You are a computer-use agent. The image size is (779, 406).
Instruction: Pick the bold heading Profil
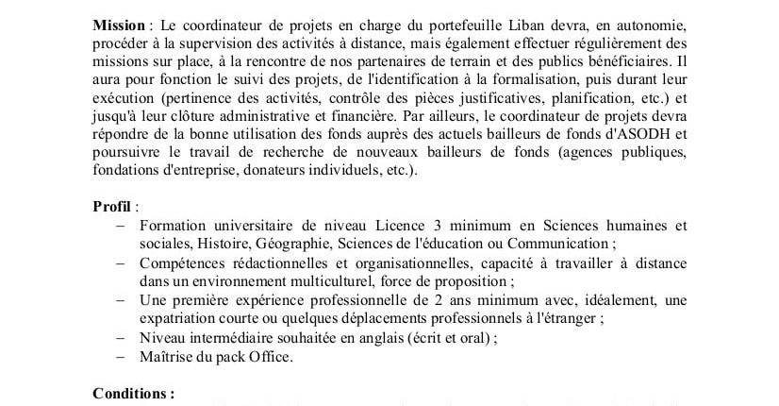(112, 207)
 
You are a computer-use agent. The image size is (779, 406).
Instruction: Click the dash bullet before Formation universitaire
(120, 226)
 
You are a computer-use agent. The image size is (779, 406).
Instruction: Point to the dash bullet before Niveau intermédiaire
(120, 337)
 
